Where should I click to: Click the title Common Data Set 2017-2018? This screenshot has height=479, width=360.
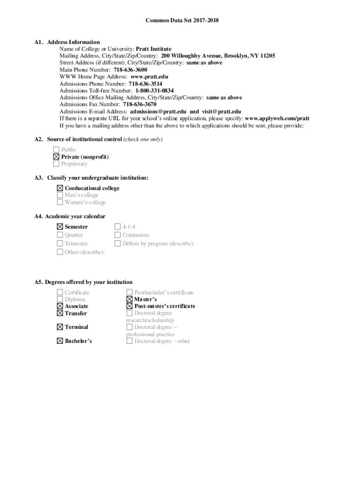click(x=182, y=21)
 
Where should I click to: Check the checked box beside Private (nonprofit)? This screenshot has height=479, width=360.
click(x=57, y=157)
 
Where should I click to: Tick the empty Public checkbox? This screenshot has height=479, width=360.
click(x=57, y=150)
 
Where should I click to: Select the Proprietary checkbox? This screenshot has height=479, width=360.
click(x=57, y=164)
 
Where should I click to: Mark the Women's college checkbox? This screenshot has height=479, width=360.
click(x=60, y=203)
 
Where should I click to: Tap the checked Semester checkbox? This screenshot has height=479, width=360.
click(x=60, y=227)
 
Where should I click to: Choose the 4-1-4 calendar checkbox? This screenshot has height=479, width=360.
click(x=118, y=227)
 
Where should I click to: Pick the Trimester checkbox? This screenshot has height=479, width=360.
click(x=60, y=244)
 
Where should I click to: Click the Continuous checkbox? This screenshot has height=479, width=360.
click(x=118, y=235)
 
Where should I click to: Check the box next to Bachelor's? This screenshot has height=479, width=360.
click(x=60, y=341)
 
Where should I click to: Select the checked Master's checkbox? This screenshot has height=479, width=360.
click(x=130, y=299)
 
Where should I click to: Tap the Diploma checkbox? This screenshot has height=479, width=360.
click(x=60, y=299)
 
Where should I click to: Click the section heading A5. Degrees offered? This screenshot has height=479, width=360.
click(x=83, y=283)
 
